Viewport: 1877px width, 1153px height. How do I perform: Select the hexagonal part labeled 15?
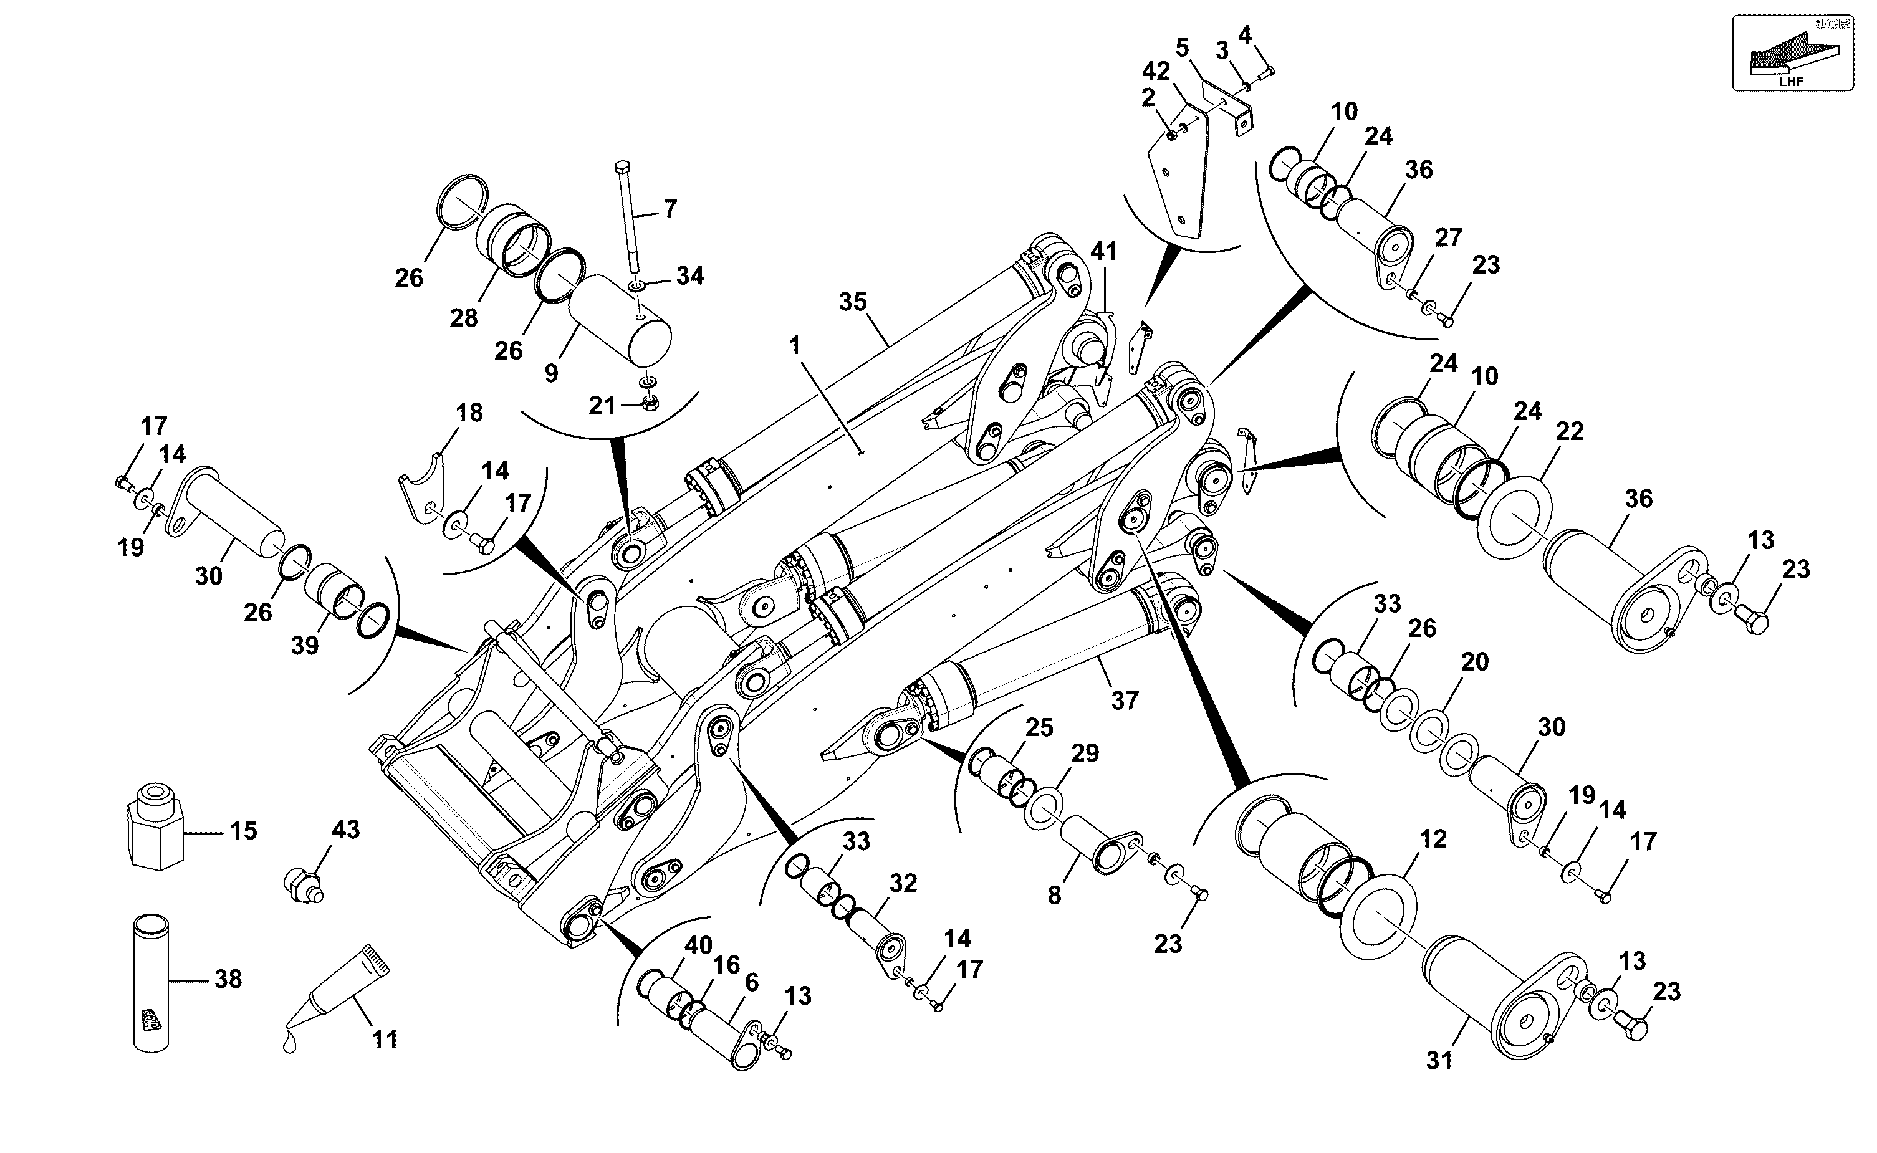pos(155,825)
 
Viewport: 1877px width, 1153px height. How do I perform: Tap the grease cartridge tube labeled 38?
pos(151,983)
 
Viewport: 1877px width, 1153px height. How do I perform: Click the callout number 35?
pos(853,302)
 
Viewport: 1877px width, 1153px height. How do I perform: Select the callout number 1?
pos(795,346)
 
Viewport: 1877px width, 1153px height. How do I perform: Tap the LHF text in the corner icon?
pos(1791,81)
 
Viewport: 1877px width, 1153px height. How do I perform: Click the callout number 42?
pos(1156,71)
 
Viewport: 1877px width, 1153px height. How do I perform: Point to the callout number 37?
pos(1125,700)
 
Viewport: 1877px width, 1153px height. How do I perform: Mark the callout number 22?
pos(1570,432)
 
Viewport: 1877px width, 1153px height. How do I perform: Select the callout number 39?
pos(305,645)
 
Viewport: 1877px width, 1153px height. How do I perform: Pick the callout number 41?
pos(1103,251)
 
